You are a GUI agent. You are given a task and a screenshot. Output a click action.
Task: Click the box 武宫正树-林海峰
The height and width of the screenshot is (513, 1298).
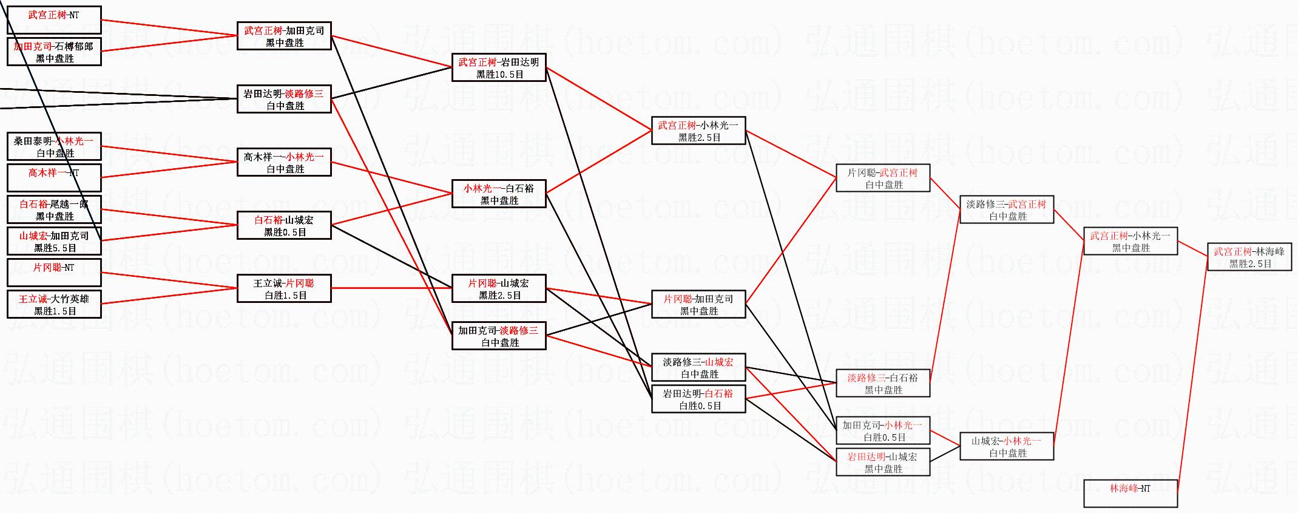click(x=1249, y=257)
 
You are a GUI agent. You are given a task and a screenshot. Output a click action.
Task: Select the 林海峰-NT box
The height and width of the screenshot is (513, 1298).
click(x=1130, y=493)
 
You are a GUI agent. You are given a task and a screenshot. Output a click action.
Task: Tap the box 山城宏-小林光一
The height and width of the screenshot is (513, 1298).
click(x=1006, y=447)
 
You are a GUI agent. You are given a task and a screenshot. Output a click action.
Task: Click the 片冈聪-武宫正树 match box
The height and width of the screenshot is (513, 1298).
click(x=882, y=178)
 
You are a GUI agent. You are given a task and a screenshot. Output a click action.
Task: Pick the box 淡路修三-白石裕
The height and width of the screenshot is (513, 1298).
click(x=882, y=384)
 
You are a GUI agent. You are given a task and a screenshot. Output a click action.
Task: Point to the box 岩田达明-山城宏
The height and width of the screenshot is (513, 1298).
click(x=882, y=463)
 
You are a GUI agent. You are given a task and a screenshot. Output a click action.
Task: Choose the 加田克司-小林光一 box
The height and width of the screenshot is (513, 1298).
click(x=882, y=431)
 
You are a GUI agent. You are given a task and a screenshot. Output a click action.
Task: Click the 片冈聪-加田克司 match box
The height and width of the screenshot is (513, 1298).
click(x=698, y=305)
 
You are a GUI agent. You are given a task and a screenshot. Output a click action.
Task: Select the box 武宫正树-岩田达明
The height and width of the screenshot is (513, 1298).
click(x=499, y=68)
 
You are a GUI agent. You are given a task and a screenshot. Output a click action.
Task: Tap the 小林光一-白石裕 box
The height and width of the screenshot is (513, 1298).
click(x=499, y=194)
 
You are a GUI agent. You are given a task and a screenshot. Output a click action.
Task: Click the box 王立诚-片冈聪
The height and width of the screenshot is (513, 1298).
click(x=284, y=289)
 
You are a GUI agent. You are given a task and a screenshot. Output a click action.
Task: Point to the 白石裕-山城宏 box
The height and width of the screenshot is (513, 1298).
click(x=284, y=226)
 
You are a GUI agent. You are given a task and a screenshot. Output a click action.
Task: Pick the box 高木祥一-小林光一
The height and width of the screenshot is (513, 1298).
click(x=284, y=163)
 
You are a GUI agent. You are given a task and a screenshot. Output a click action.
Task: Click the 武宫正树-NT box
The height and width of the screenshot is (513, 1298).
click(x=54, y=19)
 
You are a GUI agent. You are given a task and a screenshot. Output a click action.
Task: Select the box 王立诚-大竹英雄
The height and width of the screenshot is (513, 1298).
click(x=54, y=305)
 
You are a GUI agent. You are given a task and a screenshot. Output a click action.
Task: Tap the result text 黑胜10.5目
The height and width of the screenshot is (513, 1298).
click(x=499, y=75)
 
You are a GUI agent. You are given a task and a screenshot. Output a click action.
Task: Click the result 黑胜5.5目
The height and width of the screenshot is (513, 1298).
click(x=55, y=248)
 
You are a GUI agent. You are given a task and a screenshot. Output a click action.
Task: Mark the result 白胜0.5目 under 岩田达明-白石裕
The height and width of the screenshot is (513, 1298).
click(x=700, y=406)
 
